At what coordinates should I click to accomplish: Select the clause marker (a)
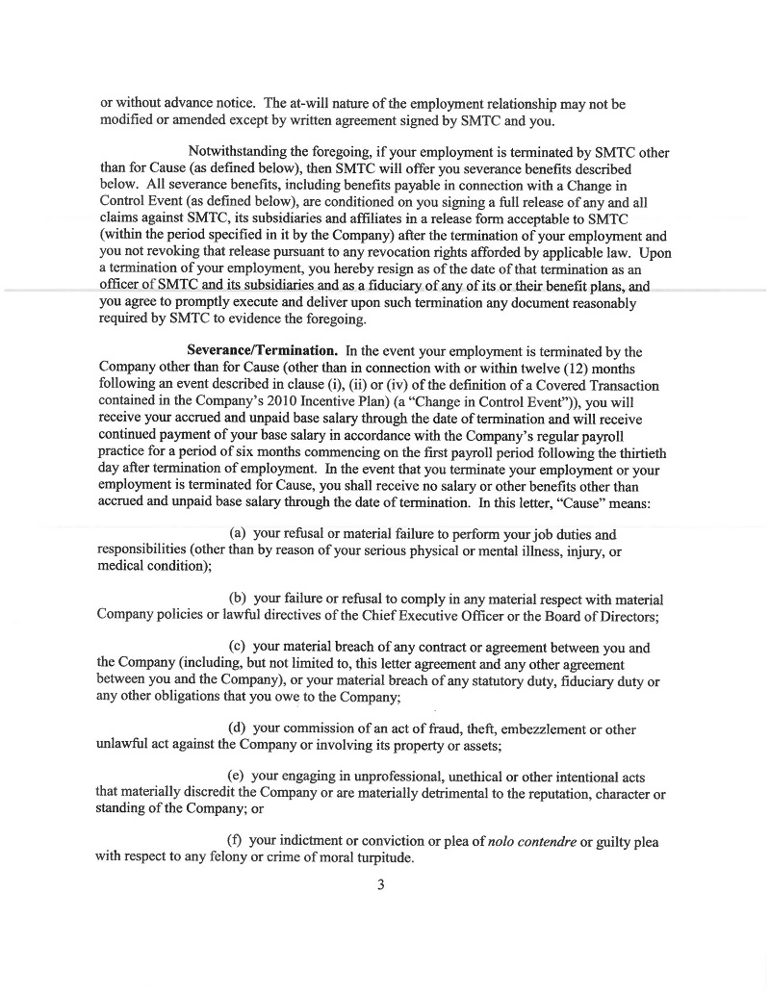coord(237,533)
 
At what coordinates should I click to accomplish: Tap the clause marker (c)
coord(237,647)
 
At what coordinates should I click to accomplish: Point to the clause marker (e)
coord(236,777)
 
